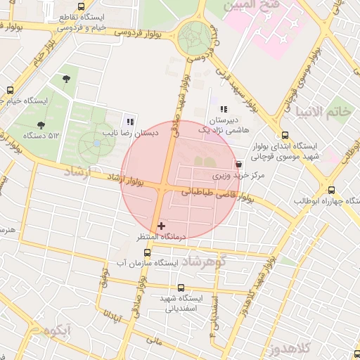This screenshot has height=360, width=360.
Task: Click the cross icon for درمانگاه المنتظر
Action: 162,226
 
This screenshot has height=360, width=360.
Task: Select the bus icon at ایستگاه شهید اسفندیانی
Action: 181,287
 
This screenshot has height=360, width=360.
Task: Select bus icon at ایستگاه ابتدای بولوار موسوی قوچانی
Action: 284,136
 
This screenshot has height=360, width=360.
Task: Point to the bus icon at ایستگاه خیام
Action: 10,90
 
